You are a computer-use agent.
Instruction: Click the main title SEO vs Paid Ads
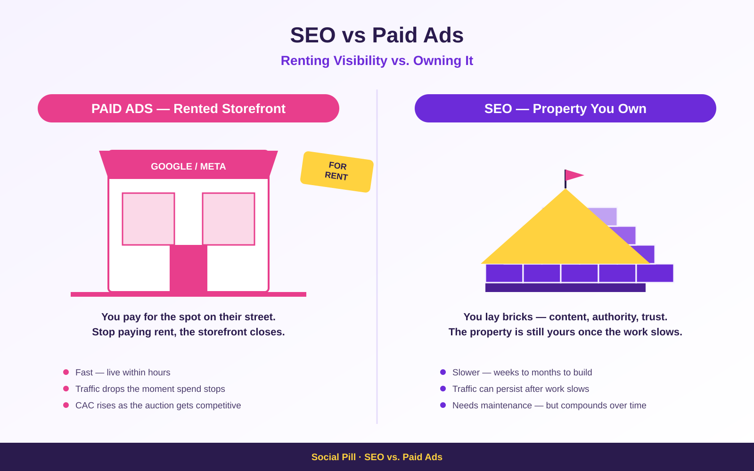[377, 35]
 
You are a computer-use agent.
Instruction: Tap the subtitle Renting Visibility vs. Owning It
[377, 61]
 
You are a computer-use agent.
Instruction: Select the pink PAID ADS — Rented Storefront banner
[188, 108]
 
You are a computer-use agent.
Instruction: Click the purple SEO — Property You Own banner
[565, 108]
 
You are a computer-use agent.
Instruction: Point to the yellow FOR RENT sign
[337, 172]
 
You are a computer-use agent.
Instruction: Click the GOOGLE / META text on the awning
[188, 167]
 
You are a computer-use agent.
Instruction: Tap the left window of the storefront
[148, 219]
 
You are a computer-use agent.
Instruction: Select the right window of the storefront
[229, 219]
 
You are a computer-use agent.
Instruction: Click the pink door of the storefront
[188, 268]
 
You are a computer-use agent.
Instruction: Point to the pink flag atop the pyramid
[574, 175]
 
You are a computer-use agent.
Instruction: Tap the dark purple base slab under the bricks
[565, 288]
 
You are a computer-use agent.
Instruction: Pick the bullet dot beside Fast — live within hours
[66, 372]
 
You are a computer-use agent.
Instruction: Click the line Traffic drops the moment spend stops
[150, 389]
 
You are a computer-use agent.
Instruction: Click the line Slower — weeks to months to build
[522, 373]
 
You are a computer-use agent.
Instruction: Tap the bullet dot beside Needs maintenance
[443, 405]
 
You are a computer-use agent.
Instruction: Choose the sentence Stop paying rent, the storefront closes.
[188, 332]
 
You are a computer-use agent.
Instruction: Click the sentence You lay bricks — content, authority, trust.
[565, 317]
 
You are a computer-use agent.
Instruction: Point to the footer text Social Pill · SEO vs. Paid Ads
[377, 457]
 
